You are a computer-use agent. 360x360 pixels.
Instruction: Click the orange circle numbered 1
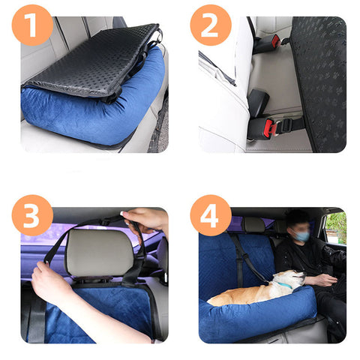click(32, 25)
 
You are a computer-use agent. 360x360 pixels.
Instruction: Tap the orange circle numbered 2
click(211, 25)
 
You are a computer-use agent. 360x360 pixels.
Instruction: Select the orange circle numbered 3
click(32, 215)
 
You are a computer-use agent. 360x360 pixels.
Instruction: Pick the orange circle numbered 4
click(211, 215)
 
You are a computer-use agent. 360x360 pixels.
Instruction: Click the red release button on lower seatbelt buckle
click(269, 127)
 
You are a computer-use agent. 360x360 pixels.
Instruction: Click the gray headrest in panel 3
click(100, 253)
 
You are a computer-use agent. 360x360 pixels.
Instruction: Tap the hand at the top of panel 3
click(145, 220)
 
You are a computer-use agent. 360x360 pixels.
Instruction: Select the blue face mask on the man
click(301, 236)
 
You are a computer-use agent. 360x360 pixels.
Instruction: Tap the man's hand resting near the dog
click(321, 280)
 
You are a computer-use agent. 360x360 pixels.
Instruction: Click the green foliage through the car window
click(337, 226)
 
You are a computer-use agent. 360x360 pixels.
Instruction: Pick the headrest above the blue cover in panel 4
click(254, 225)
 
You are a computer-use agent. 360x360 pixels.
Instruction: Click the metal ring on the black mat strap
click(159, 37)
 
